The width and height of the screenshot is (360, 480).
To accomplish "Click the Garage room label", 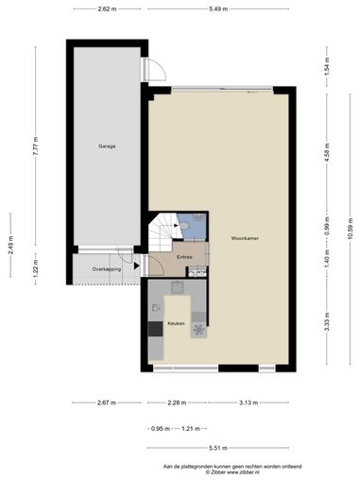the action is pyautogui.click(x=107, y=146).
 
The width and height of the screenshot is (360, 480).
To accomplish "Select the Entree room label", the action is pyautogui.click(x=184, y=257).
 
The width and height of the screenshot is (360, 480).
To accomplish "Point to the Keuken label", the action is pyautogui.click(x=176, y=323).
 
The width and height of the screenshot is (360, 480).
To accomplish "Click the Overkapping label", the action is pyautogui.click(x=107, y=269).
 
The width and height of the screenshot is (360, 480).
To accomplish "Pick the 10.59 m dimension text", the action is pyautogui.click(x=351, y=229).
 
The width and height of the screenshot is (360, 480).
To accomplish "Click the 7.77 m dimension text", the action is pyautogui.click(x=36, y=146).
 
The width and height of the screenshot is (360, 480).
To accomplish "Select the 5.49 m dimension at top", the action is pyautogui.click(x=218, y=9).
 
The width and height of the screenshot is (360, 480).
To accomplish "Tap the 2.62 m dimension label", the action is pyautogui.click(x=107, y=9).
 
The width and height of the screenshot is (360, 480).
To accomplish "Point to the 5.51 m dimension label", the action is pyautogui.click(x=218, y=448).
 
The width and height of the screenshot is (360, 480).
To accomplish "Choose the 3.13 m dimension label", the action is pyautogui.click(x=249, y=403).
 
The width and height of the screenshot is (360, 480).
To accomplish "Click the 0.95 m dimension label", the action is pyautogui.click(x=161, y=429).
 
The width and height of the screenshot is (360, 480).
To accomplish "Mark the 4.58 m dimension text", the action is pyautogui.click(x=327, y=152).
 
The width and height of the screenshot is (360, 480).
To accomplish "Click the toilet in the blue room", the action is pyautogui.click(x=184, y=226).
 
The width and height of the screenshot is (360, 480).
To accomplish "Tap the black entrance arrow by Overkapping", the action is pyautogui.click(x=136, y=266).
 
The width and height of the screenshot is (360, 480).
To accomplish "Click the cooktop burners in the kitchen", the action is pyautogui.click(x=198, y=330).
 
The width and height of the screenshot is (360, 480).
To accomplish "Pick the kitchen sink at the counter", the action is pyautogui.click(x=178, y=287).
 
